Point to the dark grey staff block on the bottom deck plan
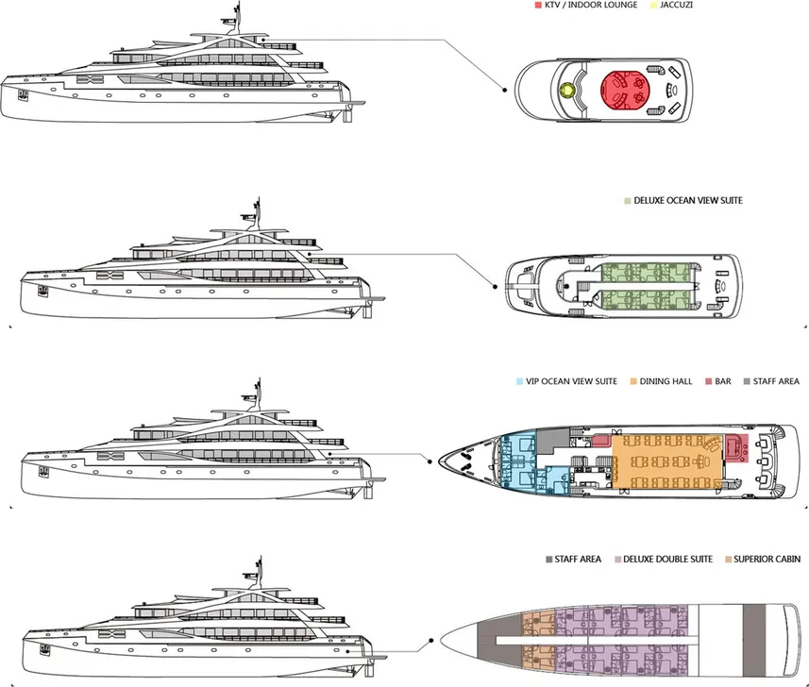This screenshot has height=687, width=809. [753, 628]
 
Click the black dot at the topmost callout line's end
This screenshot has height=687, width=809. [506, 91]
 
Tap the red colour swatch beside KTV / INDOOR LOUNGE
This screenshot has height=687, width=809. [537, 6]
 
